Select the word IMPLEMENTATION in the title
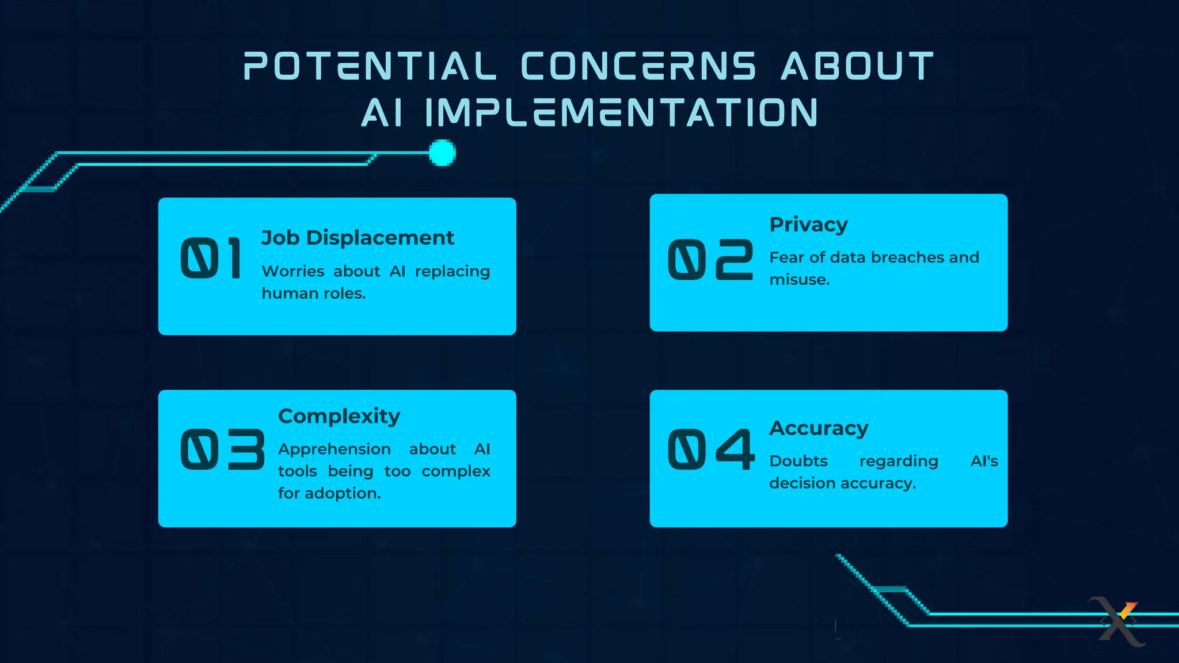click(x=621, y=112)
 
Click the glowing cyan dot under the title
click(x=442, y=153)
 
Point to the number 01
click(x=211, y=259)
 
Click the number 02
click(x=710, y=260)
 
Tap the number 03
click(x=222, y=449)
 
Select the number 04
click(x=711, y=449)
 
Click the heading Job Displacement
click(x=357, y=238)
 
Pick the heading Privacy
click(x=808, y=224)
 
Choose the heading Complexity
click(x=339, y=416)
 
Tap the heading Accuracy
click(x=819, y=428)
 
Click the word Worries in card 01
click(x=292, y=271)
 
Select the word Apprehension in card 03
click(x=334, y=449)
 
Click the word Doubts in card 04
click(x=798, y=461)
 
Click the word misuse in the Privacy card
click(x=797, y=280)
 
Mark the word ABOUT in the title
click(x=857, y=66)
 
